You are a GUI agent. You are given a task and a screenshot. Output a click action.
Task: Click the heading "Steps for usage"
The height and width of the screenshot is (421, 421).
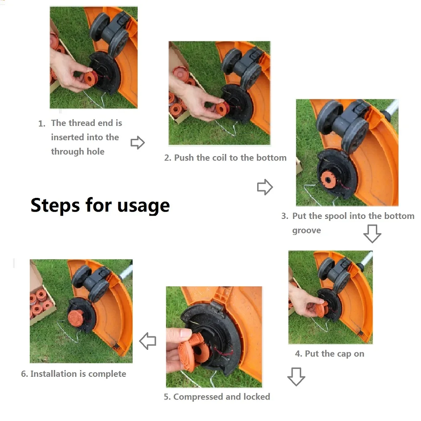click(100, 206)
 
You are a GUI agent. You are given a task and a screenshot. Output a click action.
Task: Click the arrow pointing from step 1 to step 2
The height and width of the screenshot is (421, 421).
click(138, 143)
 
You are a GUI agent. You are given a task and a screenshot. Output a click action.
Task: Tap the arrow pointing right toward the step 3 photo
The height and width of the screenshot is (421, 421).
click(265, 187)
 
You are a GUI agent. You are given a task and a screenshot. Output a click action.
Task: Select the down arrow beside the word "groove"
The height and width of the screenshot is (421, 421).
click(372, 234)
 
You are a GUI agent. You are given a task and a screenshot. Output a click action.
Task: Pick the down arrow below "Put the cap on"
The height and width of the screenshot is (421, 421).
click(296, 377)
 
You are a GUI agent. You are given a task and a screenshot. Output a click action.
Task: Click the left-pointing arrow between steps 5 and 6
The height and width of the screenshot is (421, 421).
click(148, 341)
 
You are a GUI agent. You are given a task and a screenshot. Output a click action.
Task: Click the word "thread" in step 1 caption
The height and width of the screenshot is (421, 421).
click(82, 123)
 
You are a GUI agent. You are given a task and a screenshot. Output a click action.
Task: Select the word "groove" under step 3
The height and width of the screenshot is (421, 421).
click(306, 231)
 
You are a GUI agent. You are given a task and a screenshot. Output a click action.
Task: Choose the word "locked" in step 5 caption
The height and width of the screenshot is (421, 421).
click(257, 397)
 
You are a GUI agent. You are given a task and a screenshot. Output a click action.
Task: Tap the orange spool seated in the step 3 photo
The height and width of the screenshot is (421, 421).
click(328, 179)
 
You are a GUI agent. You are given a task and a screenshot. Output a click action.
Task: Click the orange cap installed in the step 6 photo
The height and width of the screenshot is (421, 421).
click(76, 318)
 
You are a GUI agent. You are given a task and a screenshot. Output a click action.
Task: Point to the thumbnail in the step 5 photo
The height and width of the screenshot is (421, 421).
click(186, 333)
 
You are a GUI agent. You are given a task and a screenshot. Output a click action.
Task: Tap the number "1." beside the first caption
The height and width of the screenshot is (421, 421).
click(42, 123)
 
